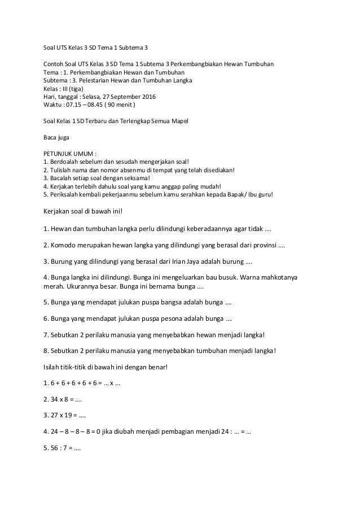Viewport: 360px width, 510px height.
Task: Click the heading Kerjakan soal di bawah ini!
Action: click(82, 212)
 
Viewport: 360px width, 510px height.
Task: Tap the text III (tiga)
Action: click(70, 89)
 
